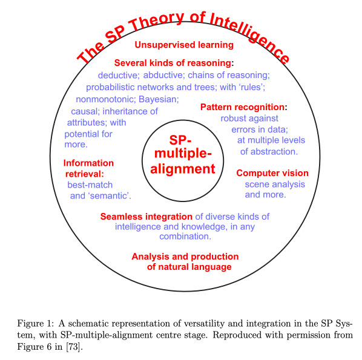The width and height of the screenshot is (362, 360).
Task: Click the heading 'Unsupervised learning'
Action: pos(184,45)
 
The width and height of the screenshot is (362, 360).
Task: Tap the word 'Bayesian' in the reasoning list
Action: pos(158,99)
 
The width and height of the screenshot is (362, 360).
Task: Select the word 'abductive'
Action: pos(163,75)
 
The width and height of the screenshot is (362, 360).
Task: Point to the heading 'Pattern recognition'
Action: pos(242,107)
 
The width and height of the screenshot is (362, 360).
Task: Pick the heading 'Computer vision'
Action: pos(272,173)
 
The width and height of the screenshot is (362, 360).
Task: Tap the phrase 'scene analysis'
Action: pos(275,185)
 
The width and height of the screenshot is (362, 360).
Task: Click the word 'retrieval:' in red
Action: pos(85,174)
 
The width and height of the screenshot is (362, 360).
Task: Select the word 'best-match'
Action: pos(90,185)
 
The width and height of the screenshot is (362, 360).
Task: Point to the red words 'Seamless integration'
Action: pos(146,217)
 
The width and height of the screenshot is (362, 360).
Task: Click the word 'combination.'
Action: pos(185,237)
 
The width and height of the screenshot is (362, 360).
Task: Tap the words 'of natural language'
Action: pos(189,267)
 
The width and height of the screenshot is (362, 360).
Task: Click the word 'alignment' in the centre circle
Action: pos(183,169)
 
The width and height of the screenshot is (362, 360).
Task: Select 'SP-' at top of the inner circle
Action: pos(180,140)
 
